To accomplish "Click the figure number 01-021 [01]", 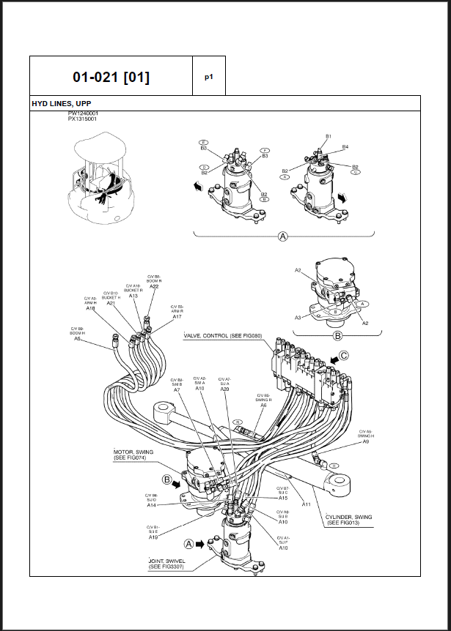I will click(111, 77).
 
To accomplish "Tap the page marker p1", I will click(208, 76).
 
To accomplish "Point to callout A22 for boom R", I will click(154, 286).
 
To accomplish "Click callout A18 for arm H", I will click(90, 308).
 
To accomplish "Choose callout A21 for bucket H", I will click(111, 302).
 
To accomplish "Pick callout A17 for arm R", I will click(177, 316).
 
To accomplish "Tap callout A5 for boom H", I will click(77, 338).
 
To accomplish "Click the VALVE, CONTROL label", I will click(221, 337).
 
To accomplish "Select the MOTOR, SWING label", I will click(133, 452).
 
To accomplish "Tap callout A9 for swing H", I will click(365, 441).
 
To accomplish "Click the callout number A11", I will click(307, 504).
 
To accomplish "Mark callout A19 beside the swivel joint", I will click(153, 537).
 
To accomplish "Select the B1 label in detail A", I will click(329, 136).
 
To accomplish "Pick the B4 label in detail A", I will click(345, 146).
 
